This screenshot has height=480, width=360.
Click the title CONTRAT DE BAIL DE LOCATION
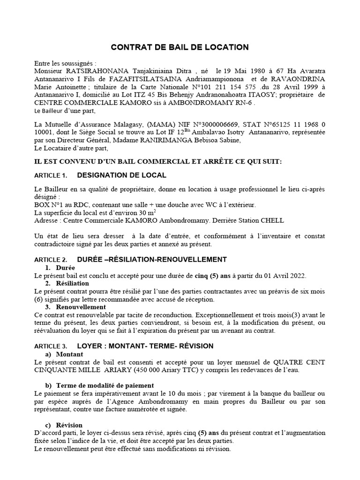(x=180, y=47)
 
